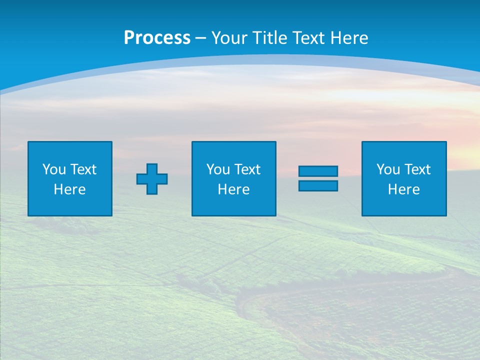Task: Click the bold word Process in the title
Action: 157,38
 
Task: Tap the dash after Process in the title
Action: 201,38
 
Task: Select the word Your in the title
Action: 229,38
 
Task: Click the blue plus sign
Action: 152,179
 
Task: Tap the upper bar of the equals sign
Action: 318,171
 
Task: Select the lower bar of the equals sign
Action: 318,185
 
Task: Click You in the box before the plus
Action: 54,169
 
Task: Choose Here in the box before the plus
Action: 70,189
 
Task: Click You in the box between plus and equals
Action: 218,169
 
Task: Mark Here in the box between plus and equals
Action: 234,189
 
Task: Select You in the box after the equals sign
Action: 388,169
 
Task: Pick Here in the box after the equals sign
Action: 404,189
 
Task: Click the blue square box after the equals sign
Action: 404,205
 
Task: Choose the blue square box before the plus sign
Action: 70,205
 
